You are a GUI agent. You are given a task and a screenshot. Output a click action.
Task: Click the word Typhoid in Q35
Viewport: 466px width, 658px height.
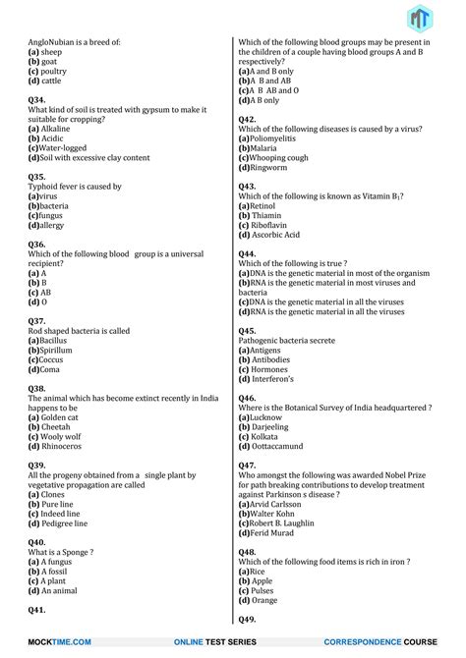click(x=43, y=186)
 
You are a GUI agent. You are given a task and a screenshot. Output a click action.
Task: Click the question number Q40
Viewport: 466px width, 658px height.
click(x=36, y=542)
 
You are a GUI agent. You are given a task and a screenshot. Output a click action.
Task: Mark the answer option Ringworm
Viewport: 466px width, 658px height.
click(x=271, y=167)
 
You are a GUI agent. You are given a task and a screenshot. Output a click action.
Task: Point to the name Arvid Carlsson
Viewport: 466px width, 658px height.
click(x=282, y=504)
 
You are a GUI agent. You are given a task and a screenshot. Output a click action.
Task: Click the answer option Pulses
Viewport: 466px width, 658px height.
click(x=268, y=590)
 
